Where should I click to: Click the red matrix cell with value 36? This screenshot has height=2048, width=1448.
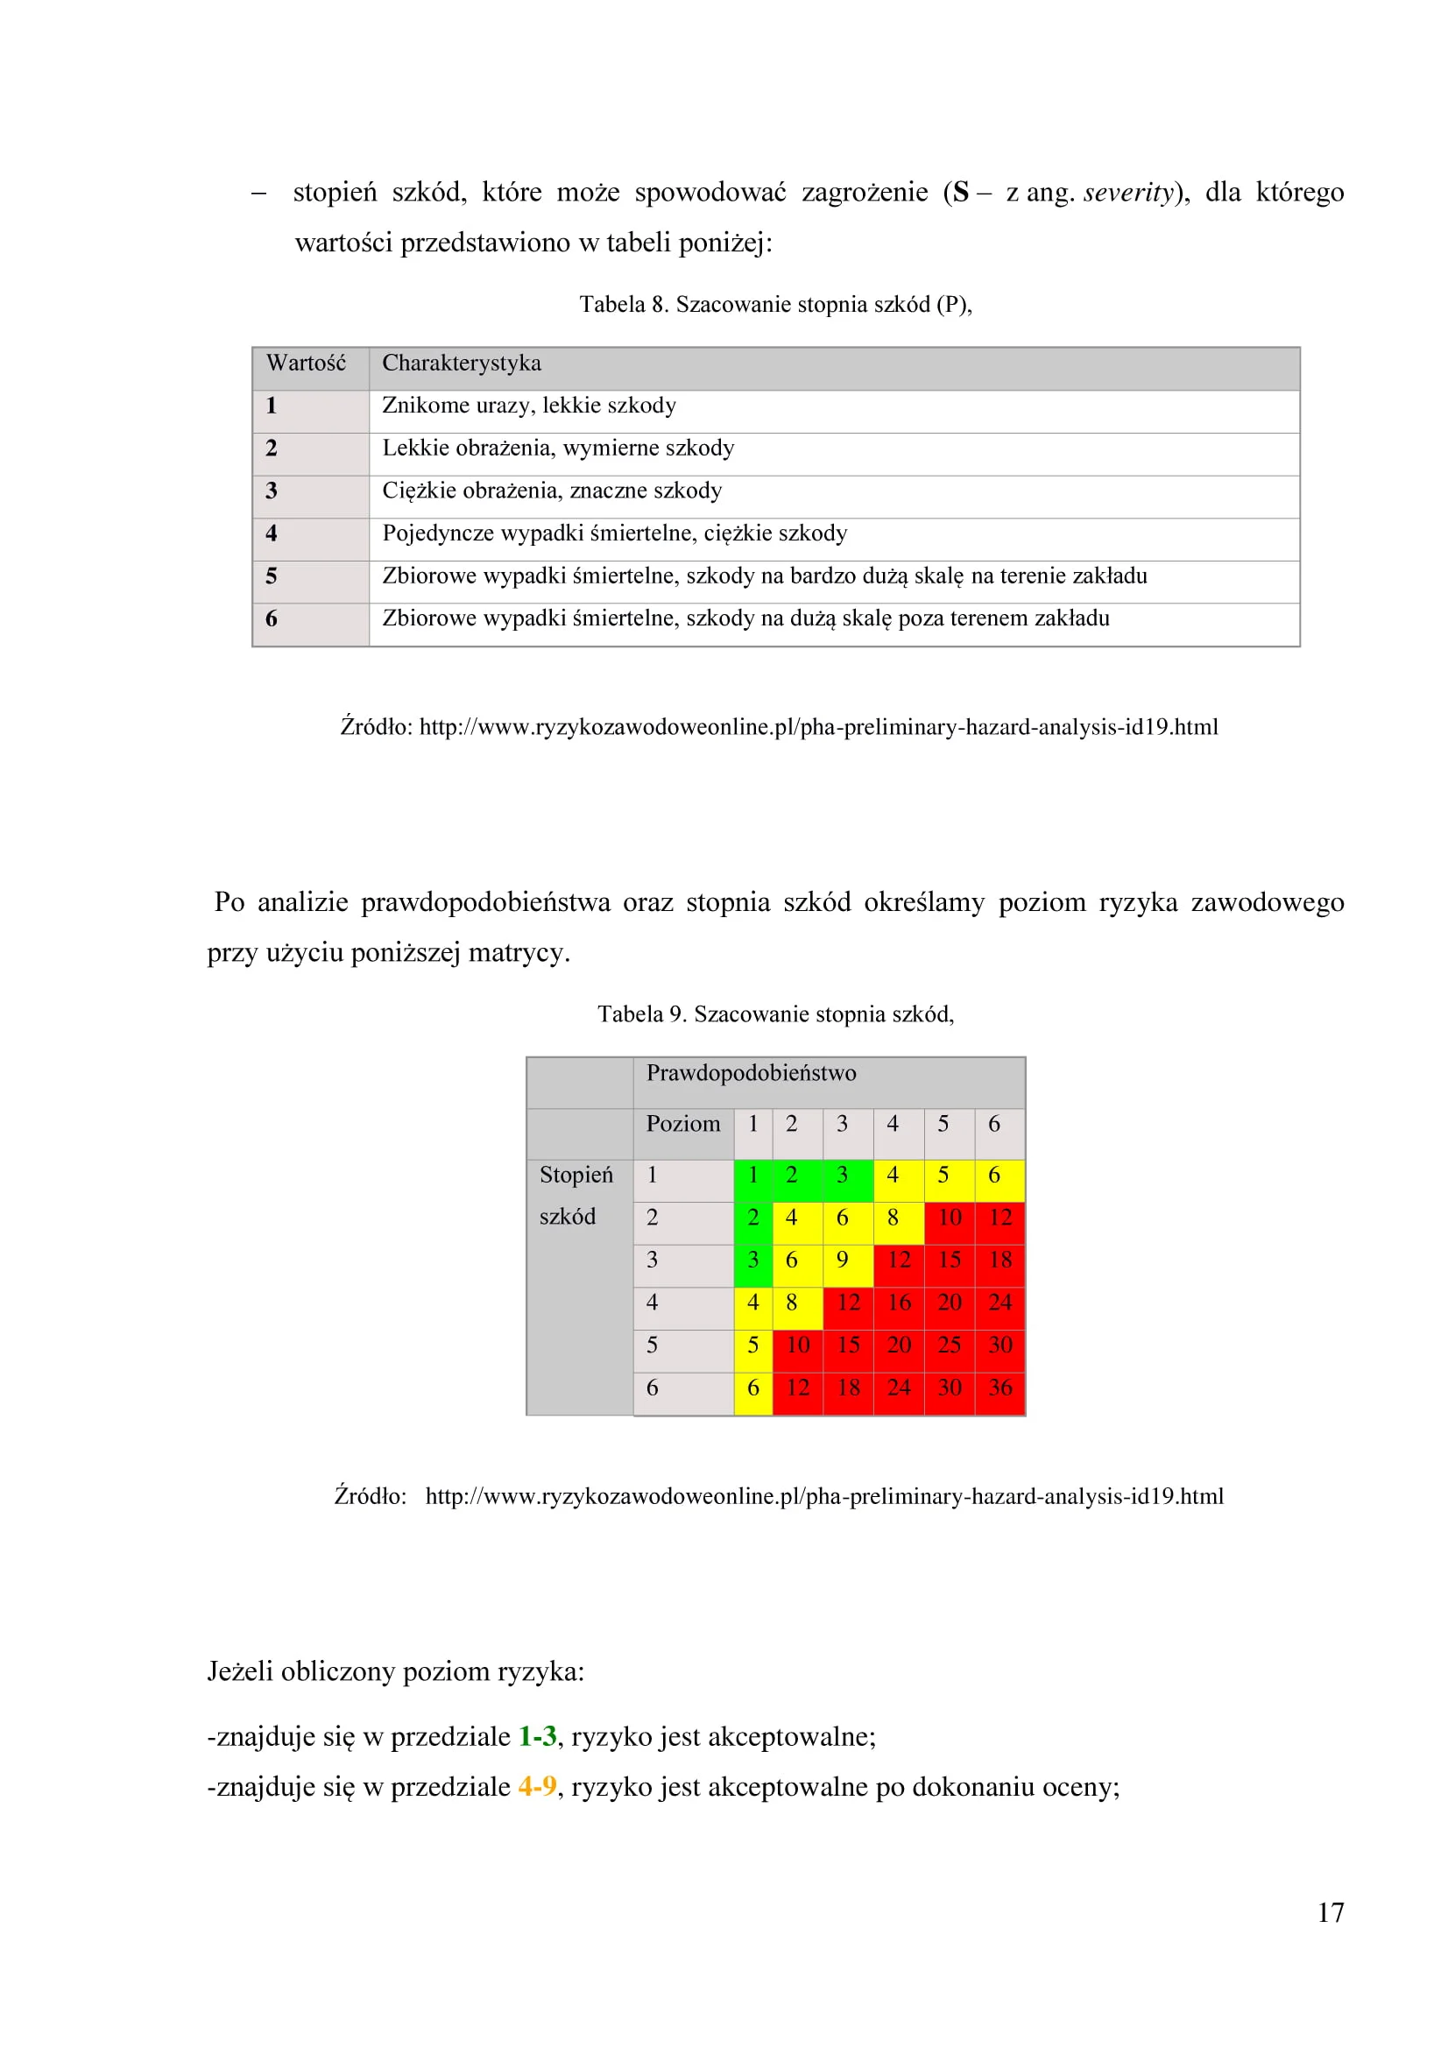tap(1000, 1388)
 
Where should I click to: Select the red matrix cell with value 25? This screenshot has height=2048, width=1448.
tap(950, 1345)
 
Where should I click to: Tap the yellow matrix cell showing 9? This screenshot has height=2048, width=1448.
tap(842, 1260)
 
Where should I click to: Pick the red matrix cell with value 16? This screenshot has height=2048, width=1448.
tap(899, 1303)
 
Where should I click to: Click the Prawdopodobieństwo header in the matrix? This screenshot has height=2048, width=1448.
tap(752, 1073)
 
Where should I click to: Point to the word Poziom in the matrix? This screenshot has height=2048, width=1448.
tap(682, 1124)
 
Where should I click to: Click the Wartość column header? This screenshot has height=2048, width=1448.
tap(306, 363)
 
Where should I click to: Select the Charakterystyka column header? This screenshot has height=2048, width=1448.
tap(462, 363)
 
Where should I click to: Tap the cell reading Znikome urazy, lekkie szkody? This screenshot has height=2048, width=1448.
tap(529, 406)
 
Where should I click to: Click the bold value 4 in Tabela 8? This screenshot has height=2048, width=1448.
tap(272, 533)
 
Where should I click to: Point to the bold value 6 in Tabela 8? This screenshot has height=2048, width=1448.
tap(272, 619)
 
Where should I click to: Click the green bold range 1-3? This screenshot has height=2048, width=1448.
tap(537, 1737)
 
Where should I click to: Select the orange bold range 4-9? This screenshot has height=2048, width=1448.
tap(537, 1787)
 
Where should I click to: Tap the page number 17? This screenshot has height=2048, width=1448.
tap(1331, 1912)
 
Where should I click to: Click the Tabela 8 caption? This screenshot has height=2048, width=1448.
tap(775, 305)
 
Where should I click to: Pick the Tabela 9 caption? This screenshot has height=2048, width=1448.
tap(775, 1014)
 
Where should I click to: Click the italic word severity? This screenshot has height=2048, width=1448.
tap(1127, 193)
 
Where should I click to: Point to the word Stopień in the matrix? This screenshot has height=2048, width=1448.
tap(576, 1175)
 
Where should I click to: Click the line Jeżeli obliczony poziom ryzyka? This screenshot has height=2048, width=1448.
tap(395, 1671)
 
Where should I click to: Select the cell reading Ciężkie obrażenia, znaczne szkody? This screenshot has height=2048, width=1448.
tap(552, 491)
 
